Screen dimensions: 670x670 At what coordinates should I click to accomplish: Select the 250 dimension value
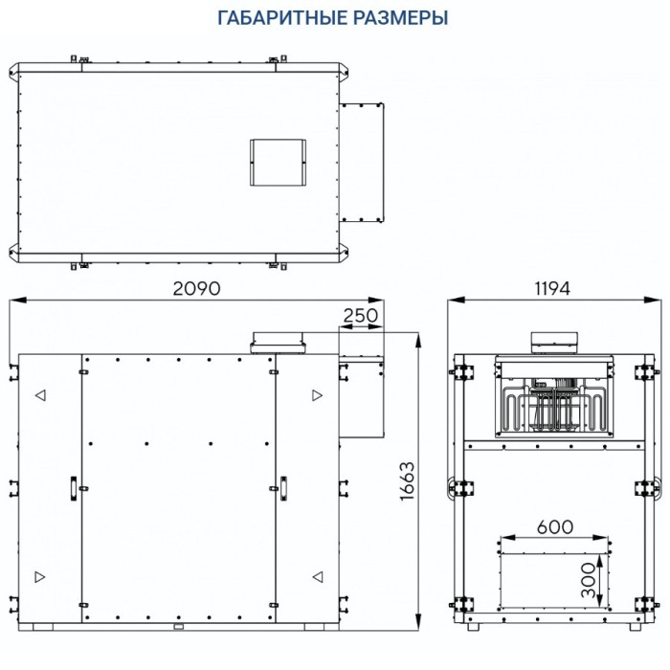tap(360, 315)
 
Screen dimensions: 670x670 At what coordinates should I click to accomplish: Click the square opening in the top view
tap(277, 162)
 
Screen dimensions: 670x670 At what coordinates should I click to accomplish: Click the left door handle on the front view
tap(72, 486)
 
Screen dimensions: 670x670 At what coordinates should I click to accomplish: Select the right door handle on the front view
tap(283, 486)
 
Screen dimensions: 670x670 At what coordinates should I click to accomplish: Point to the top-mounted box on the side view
tap(555, 343)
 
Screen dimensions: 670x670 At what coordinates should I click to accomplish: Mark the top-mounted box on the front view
tap(278, 341)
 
